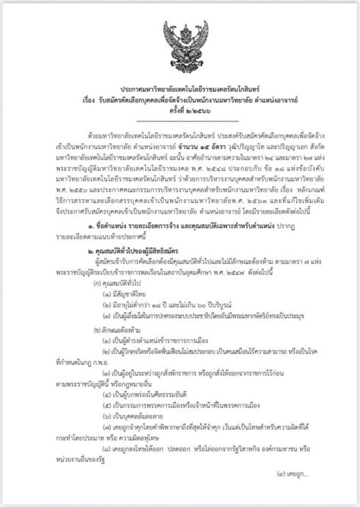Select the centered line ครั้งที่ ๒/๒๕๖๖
179,111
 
